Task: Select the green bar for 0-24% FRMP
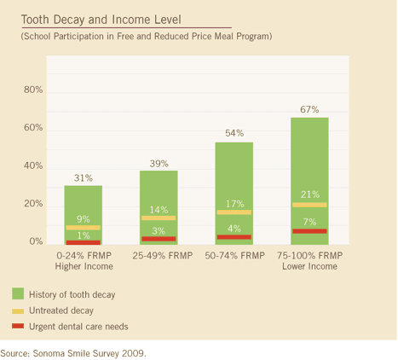[x=83, y=205]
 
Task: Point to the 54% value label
[x=234, y=133]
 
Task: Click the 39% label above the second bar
[x=159, y=162]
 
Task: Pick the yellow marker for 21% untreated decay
[x=309, y=205]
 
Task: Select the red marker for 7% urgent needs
[x=309, y=231]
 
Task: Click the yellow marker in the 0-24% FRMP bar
[x=83, y=228]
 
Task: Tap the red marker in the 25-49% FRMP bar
[x=159, y=239]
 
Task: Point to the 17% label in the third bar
[x=234, y=203]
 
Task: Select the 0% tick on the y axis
[x=36, y=242]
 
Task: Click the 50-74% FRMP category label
[x=234, y=256]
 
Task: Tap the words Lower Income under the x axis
[x=309, y=267]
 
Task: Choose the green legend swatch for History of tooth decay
[x=19, y=294]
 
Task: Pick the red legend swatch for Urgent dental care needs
[x=19, y=326]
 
